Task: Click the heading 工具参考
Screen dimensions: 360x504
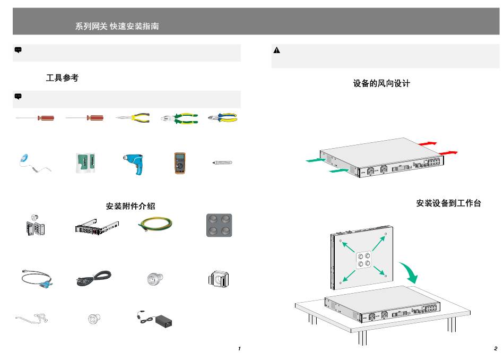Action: pyautogui.click(x=62, y=78)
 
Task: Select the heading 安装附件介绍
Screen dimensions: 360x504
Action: pyautogui.click(x=131, y=206)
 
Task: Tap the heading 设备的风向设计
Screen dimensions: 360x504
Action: pyautogui.click(x=381, y=84)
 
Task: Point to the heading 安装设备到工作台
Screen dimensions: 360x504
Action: pyautogui.click(x=448, y=203)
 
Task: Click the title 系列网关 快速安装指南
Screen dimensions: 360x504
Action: pyautogui.click(x=117, y=26)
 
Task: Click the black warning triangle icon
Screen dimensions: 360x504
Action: pyautogui.click(x=276, y=50)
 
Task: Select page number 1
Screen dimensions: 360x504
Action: pyautogui.click(x=239, y=349)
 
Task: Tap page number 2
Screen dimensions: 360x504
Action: pyautogui.click(x=495, y=349)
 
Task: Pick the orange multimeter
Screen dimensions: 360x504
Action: pyautogui.click(x=179, y=163)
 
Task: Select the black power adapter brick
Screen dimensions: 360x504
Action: pyautogui.click(x=162, y=321)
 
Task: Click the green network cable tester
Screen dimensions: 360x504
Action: pyautogui.click(x=86, y=162)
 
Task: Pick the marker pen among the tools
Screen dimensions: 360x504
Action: pyautogui.click(x=222, y=162)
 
